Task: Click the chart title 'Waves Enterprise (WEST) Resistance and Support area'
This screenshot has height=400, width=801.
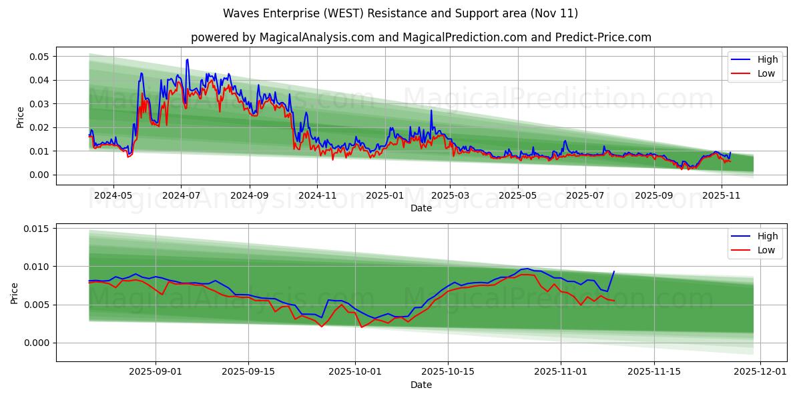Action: point(400,13)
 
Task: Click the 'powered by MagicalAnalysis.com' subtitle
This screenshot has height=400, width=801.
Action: point(421,37)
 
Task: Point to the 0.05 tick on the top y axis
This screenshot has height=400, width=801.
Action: point(39,57)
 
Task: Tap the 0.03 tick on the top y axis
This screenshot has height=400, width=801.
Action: point(39,104)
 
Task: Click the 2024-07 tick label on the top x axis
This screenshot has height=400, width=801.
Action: point(181,196)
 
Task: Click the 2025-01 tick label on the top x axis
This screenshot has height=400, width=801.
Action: point(385,196)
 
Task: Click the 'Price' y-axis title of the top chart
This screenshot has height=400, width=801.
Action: point(20,117)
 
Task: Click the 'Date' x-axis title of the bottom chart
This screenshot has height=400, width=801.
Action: point(421,385)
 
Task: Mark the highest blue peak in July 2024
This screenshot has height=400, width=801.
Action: point(187,59)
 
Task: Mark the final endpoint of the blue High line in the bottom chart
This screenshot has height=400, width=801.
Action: point(614,271)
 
